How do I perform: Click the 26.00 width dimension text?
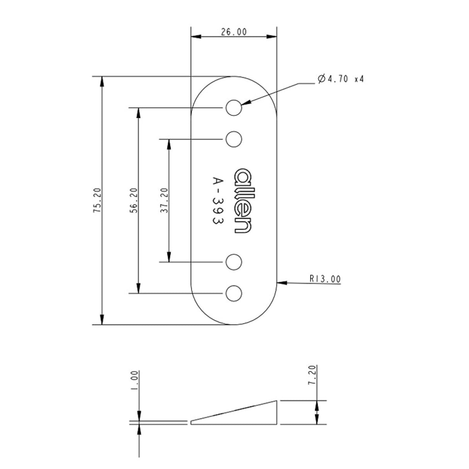[x=234, y=32]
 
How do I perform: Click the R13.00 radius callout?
[x=325, y=279]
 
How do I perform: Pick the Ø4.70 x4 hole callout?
[x=340, y=78]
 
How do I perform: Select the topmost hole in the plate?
[x=234, y=107]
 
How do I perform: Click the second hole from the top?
[x=234, y=139]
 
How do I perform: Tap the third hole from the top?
[x=234, y=262]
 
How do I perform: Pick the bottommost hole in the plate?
[x=234, y=293]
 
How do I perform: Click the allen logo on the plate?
[x=243, y=200]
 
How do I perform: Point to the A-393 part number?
[x=218, y=200]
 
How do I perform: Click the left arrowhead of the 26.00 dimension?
[x=196, y=37]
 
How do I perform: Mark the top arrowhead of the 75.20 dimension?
[x=102, y=82]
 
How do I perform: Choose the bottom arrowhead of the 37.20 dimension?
[x=169, y=257]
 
